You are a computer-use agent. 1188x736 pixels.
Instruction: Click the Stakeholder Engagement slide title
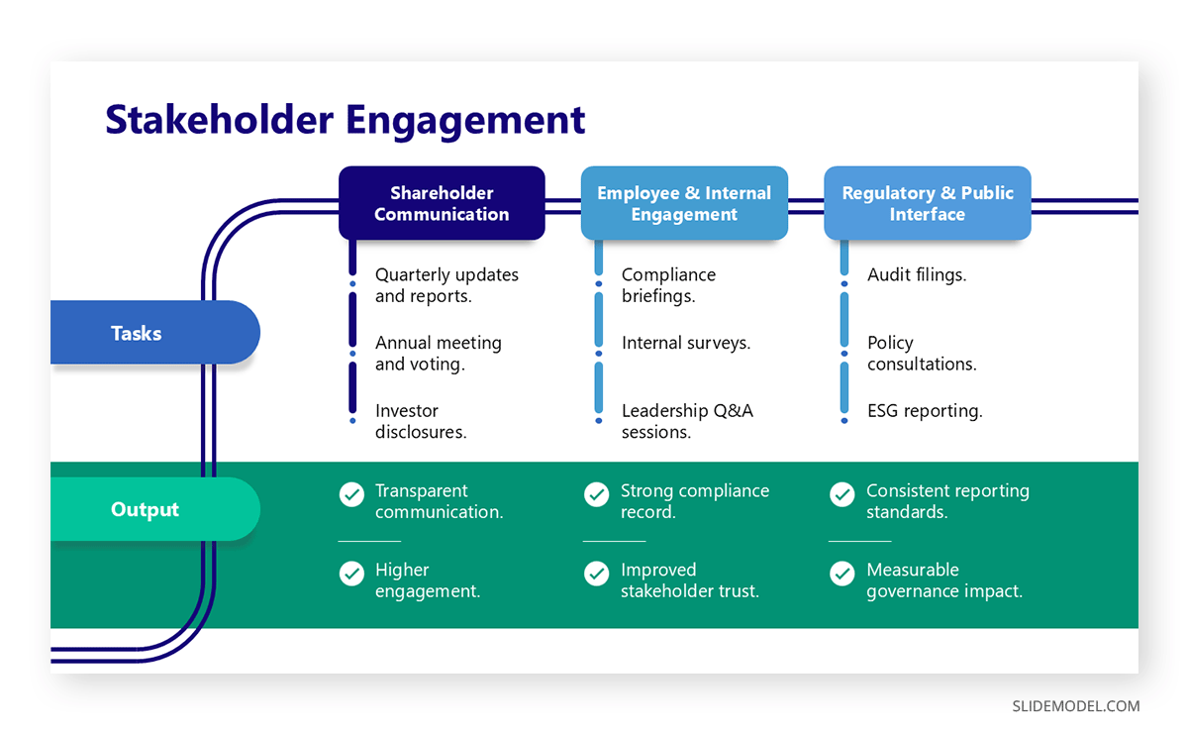(x=345, y=120)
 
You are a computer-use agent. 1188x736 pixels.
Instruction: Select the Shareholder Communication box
(x=442, y=204)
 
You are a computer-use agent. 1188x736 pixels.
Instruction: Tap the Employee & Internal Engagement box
(x=684, y=204)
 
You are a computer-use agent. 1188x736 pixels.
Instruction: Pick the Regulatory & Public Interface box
(x=928, y=204)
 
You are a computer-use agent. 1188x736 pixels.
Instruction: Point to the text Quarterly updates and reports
(x=446, y=285)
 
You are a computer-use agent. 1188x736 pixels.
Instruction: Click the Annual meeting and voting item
(x=438, y=353)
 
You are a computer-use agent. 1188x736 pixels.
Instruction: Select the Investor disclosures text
(x=421, y=421)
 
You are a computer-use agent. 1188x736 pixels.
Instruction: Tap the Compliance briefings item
(x=668, y=285)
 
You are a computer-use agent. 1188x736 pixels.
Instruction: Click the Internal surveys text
(x=685, y=343)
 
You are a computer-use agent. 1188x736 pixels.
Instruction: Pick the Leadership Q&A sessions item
(x=687, y=421)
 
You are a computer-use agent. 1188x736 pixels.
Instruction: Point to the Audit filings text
(x=917, y=275)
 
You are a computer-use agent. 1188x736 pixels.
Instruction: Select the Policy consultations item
(x=922, y=353)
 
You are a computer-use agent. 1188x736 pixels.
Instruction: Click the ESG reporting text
(x=925, y=411)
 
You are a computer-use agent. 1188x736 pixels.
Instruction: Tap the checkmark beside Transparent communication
(x=351, y=494)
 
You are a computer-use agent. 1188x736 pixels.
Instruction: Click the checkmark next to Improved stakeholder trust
(x=596, y=574)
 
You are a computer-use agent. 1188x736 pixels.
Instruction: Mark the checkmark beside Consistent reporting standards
(x=841, y=494)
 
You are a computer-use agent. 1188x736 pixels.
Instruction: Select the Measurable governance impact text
(x=943, y=580)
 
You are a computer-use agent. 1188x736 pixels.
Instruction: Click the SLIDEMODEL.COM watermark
(x=1075, y=706)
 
